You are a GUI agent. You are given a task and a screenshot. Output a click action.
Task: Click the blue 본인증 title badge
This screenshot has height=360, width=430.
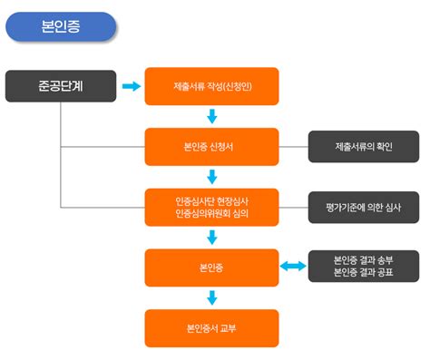(61, 26)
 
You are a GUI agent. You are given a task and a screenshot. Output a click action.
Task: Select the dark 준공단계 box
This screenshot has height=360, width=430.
(61, 86)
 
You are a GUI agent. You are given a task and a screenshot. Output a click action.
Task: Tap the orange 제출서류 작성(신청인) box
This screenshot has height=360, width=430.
(210, 86)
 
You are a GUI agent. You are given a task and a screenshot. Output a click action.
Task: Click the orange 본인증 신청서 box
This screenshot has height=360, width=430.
(210, 146)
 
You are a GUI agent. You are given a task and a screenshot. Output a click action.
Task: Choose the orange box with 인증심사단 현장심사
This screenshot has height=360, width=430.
(210, 207)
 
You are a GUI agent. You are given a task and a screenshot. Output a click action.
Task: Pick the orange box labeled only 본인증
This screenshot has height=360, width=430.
(210, 268)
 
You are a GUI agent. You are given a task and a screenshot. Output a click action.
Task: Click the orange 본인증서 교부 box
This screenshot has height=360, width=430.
(210, 327)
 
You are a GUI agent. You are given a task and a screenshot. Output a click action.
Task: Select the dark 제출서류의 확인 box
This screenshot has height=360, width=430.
(363, 146)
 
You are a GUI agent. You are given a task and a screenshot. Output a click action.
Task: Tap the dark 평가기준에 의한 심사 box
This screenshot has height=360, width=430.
(363, 207)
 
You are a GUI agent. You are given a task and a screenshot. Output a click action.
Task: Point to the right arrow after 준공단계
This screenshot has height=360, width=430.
(132, 86)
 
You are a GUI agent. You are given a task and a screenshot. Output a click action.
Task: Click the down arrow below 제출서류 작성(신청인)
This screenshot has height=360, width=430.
(211, 116)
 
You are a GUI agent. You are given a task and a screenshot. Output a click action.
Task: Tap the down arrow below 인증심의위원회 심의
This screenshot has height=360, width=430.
(211, 238)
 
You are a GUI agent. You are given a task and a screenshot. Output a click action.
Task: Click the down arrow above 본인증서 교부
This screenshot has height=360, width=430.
(211, 297)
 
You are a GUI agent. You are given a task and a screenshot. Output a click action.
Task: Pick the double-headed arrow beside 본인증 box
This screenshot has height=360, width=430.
(292, 267)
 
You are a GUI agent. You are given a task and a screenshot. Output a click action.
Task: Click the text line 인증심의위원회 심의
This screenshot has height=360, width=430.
(210, 214)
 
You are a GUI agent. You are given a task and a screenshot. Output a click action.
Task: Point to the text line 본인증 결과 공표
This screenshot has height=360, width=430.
(363, 274)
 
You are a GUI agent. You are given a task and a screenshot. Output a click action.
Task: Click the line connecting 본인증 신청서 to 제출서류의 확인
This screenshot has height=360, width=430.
(292, 146)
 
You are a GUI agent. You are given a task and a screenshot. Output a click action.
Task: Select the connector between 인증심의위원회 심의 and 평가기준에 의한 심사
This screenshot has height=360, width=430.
(292, 207)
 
